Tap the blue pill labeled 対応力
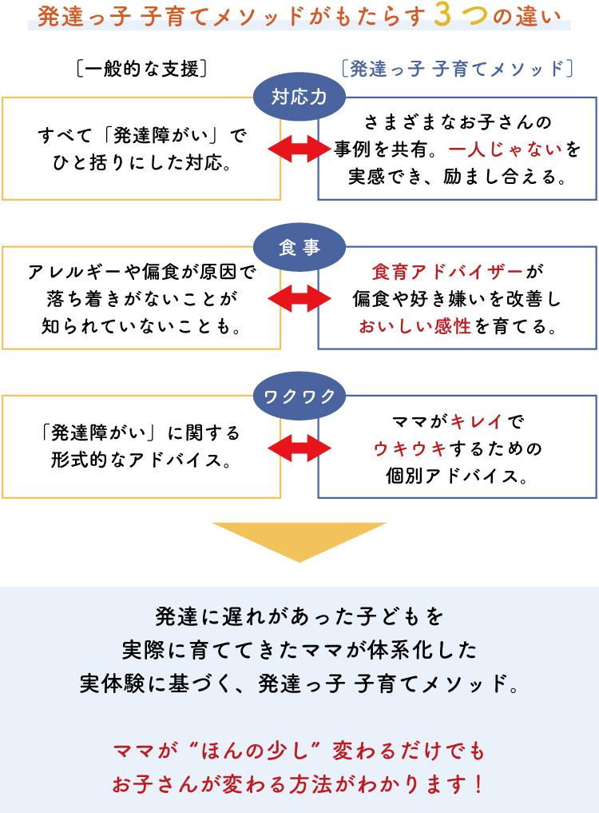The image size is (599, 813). tap(299, 97)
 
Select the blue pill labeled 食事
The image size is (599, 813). tap(299, 248)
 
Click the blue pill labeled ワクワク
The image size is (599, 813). tap(299, 395)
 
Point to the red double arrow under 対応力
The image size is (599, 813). tap(299, 149)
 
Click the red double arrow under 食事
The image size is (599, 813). tap(299, 298)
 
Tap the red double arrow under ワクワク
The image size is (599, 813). tap(299, 448)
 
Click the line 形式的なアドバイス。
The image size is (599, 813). tap(141, 461)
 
